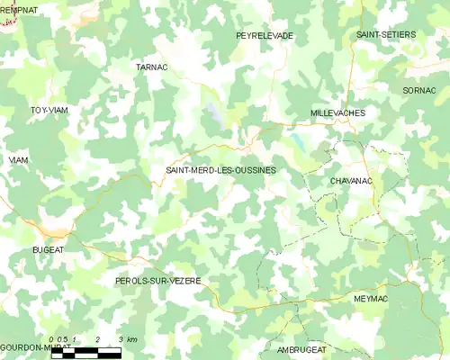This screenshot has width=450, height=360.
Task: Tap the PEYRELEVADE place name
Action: [x=265, y=35]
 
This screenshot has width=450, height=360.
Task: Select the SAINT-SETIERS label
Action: [x=385, y=34]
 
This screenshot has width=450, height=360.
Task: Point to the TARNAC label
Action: [x=151, y=67]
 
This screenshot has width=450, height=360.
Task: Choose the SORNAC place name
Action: [x=419, y=91]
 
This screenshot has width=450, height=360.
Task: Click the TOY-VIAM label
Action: [x=49, y=110]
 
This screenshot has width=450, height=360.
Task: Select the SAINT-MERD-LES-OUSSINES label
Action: [x=220, y=169]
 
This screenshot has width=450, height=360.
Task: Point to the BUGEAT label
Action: [x=48, y=249]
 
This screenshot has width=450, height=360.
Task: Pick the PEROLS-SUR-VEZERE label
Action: [x=157, y=281]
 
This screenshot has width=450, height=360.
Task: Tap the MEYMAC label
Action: [x=372, y=297]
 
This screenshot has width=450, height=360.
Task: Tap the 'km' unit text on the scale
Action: [x=131, y=339]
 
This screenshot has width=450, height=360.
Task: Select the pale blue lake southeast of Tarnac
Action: [x=212, y=112]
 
